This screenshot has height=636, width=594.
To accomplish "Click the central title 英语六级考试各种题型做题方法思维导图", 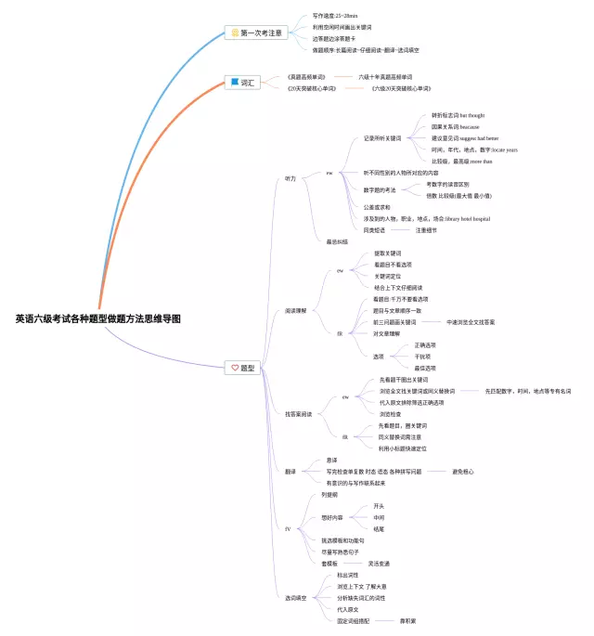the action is (x=97, y=318).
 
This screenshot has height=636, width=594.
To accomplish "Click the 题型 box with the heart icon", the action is (x=243, y=369).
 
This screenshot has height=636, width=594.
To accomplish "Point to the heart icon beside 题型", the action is (x=235, y=369).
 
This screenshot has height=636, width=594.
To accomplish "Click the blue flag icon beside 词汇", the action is (x=235, y=83).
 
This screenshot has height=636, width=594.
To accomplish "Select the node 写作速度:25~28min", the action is (x=335, y=16).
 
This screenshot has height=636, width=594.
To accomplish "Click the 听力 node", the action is (x=290, y=178).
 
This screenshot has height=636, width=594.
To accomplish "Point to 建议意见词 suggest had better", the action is (x=465, y=137).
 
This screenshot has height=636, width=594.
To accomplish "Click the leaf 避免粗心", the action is (x=462, y=472).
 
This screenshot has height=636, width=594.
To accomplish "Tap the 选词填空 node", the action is (x=295, y=597).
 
